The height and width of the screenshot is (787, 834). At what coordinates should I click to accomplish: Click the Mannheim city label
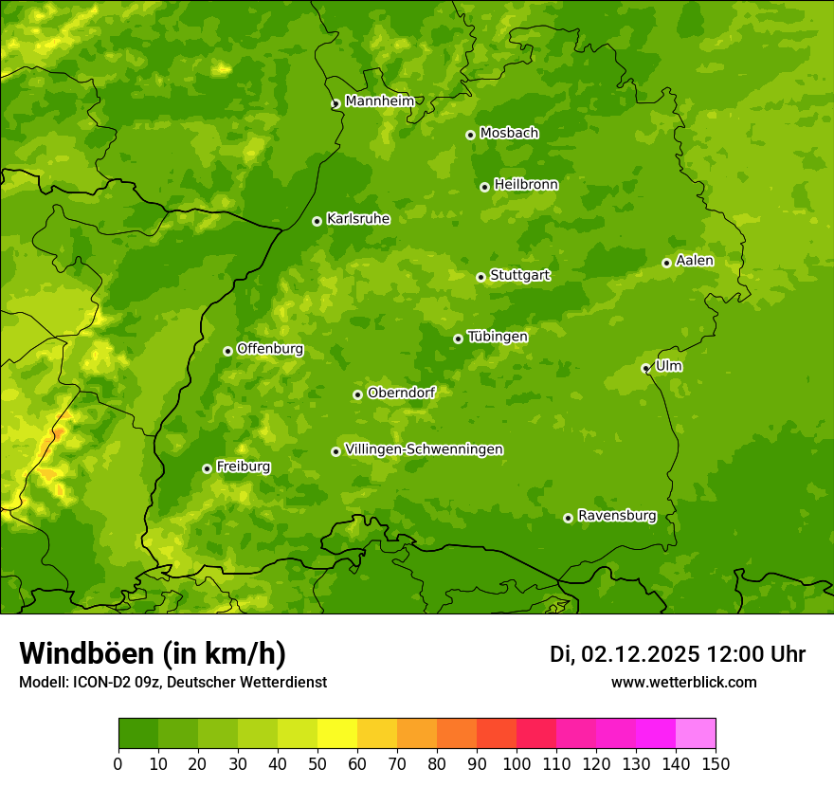pos(379,101)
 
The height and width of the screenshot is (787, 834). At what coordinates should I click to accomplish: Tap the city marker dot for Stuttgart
pos(480,277)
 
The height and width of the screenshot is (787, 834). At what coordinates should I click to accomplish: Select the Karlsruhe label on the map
pos(357,219)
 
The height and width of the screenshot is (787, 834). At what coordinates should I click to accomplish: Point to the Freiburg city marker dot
pos(207,468)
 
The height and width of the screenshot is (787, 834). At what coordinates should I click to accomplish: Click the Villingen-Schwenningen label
pos(424,449)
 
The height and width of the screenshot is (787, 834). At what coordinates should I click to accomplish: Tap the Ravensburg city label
pos(616,516)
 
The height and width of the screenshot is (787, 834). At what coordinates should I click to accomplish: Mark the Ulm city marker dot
pos(645,368)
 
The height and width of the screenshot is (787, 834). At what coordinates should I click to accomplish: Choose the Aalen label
pos(695,261)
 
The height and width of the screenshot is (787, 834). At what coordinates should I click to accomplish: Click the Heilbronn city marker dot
pos(484,187)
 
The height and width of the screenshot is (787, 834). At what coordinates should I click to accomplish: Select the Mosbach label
pos(508,134)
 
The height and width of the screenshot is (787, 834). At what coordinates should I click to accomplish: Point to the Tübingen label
pos(497,337)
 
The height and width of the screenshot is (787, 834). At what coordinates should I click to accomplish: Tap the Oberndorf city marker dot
pos(357,394)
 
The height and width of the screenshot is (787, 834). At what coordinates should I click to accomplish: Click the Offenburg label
pos(269,349)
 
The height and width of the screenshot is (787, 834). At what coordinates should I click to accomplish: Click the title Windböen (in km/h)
pos(152,653)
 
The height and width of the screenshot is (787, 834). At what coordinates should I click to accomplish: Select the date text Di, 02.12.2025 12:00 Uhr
pos(677,654)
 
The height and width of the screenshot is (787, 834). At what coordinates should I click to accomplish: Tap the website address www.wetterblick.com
pos(683,682)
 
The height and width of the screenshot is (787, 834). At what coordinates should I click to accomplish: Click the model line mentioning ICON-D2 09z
pos(172,682)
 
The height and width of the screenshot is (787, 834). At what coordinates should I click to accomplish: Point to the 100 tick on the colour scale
pos(517,763)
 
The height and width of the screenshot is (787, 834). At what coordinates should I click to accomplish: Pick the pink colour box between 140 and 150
pos(696,733)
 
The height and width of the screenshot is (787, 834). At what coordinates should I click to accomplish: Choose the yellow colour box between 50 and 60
pos(337,733)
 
